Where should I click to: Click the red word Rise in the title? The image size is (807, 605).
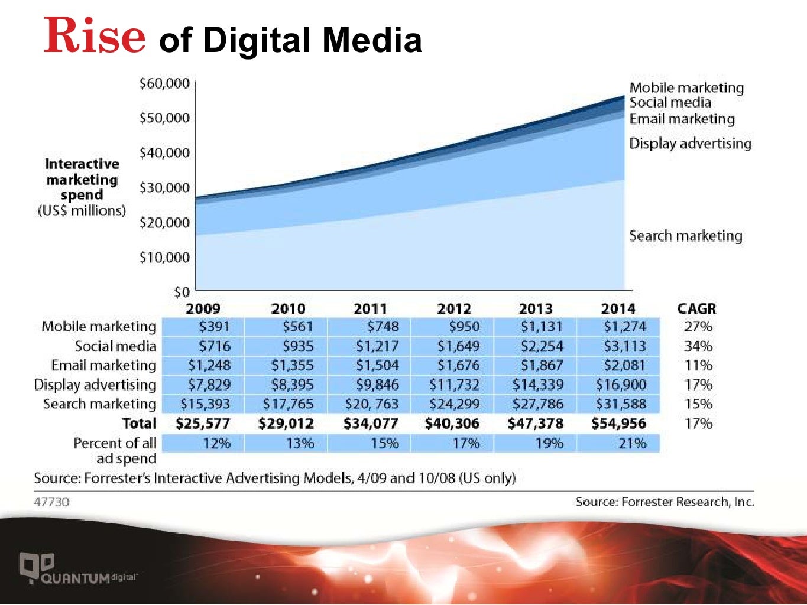(x=95, y=35)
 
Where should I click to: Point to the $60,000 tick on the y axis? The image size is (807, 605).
(x=164, y=83)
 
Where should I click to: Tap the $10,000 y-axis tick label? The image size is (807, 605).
(x=164, y=258)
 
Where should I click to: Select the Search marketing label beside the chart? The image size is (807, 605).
(x=685, y=236)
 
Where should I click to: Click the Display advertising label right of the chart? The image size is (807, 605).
(x=690, y=143)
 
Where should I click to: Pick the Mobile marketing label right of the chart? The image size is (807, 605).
(x=686, y=87)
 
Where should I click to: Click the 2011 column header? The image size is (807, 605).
(x=370, y=308)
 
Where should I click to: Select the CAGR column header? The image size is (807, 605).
(x=696, y=308)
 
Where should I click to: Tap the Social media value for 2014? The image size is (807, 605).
(x=624, y=346)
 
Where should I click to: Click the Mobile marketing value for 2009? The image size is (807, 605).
(x=214, y=326)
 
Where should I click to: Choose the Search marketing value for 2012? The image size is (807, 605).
(x=454, y=404)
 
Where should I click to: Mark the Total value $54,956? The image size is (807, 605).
(x=618, y=424)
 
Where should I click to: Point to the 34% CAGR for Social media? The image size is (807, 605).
(x=698, y=346)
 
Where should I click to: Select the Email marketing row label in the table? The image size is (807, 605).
(x=103, y=365)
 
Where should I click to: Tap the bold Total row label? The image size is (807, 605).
(x=139, y=424)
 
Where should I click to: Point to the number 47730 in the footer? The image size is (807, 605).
(x=51, y=502)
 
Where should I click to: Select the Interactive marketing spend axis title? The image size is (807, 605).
(x=82, y=187)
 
